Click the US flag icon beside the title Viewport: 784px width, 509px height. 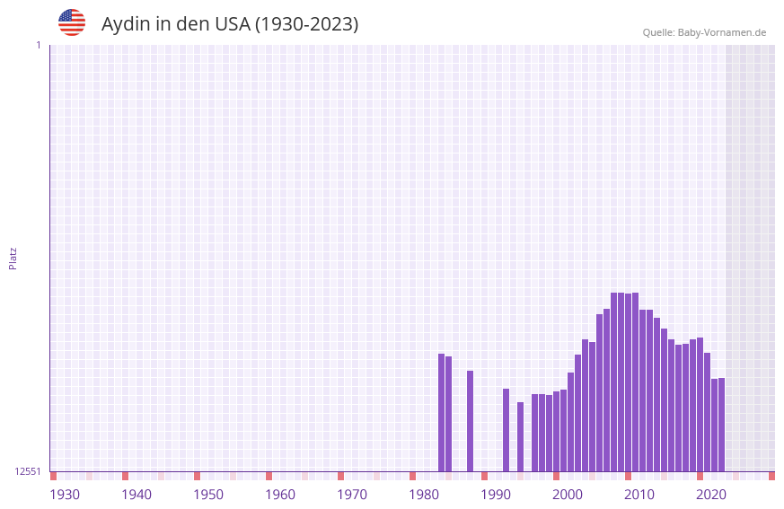point(72,22)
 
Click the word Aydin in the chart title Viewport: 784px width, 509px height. point(126,24)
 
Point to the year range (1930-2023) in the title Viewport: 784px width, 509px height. point(306,24)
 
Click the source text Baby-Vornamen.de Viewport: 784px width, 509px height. point(721,32)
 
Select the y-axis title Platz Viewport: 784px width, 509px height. point(13,258)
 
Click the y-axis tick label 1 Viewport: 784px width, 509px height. point(38,45)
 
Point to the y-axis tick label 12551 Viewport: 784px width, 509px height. point(28,471)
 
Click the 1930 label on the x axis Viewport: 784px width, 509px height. point(65,495)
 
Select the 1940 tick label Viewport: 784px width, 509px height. point(137,495)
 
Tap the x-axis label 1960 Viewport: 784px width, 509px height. point(280,495)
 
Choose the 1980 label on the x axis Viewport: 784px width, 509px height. point(424,495)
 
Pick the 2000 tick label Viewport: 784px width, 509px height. point(568,495)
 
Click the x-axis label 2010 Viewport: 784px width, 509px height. point(639,495)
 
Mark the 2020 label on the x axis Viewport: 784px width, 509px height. point(711,495)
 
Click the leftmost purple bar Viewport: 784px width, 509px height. point(441,413)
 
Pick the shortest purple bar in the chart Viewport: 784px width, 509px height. point(520,437)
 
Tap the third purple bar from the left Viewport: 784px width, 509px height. point(470,421)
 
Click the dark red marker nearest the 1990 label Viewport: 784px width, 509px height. point(484,476)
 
